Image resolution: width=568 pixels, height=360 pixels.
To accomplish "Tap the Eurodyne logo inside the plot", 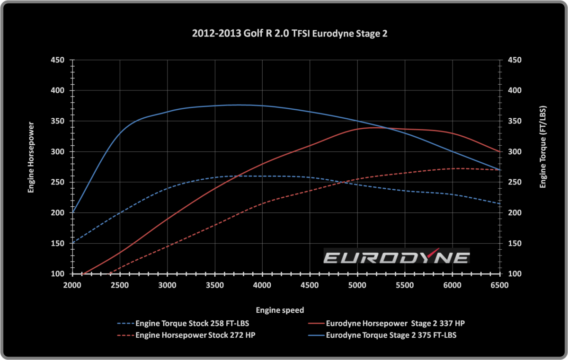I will coord(397,257).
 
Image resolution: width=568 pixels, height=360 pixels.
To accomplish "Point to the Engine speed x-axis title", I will coord(280,310).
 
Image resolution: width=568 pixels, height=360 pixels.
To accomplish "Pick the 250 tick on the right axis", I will coord(515,183).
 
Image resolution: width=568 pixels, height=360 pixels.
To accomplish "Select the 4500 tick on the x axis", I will coord(310,285).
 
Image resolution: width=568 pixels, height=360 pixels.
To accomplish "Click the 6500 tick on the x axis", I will coord(499,285).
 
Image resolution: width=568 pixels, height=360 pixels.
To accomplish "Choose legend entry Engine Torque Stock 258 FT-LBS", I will coord(192,324).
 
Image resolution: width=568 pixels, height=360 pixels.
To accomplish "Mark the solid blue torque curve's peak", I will coord(239,105).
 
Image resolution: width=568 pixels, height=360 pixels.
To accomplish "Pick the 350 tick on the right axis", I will coord(515,122).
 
